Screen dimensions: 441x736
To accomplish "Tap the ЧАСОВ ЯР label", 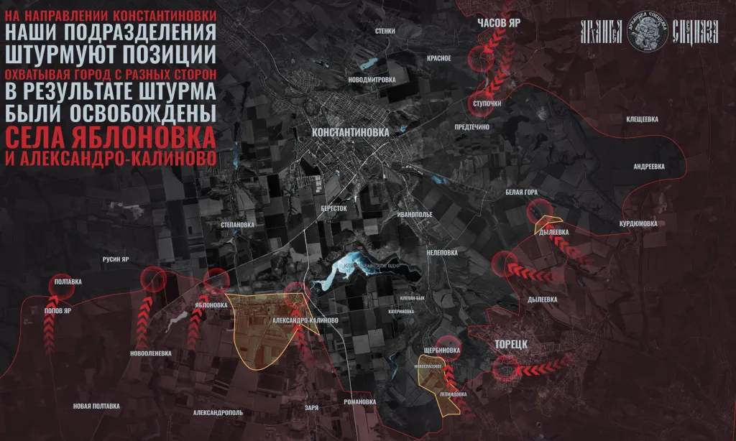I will (x=499, y=23).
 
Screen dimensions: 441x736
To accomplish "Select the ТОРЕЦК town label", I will (x=511, y=344).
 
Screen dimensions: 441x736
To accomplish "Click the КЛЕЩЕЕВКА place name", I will (x=642, y=119).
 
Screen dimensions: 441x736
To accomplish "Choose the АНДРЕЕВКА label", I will (x=649, y=166).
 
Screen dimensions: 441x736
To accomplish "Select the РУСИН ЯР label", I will (x=114, y=259).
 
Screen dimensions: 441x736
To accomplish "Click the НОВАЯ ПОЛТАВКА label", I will (x=96, y=407).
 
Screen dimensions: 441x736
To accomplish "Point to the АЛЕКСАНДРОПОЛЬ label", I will (x=218, y=413).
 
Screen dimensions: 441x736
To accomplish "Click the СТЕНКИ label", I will (x=385, y=32).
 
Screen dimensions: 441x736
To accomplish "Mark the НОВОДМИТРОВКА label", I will (x=371, y=79).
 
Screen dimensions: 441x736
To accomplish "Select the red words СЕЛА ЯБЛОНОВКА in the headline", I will (x=111, y=136).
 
